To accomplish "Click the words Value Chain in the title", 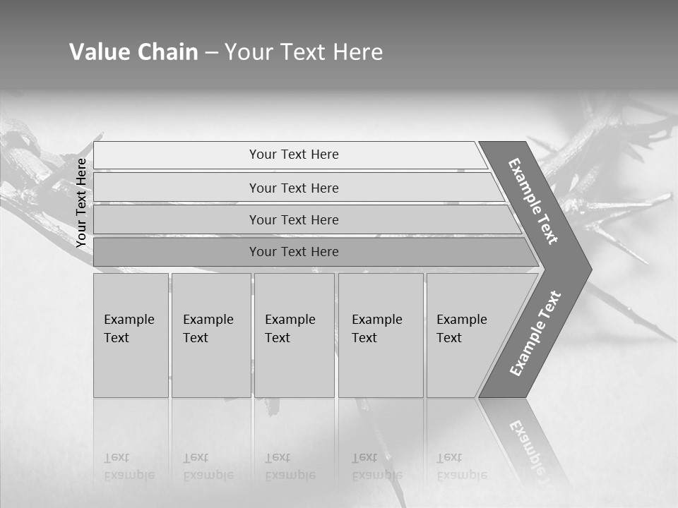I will click(x=133, y=52).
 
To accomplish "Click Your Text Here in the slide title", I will click(x=304, y=52).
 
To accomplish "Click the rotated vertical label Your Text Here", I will click(x=82, y=202).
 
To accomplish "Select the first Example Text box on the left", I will click(x=131, y=334).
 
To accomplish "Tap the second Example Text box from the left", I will click(x=210, y=334).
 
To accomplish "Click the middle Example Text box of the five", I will click(x=294, y=334).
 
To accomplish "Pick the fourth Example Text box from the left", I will click(x=380, y=334).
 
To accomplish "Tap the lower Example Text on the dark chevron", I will click(x=535, y=334).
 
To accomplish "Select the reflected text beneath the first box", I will click(x=129, y=467).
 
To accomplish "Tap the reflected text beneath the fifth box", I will click(x=461, y=467).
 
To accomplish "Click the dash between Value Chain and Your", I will click(x=211, y=53).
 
